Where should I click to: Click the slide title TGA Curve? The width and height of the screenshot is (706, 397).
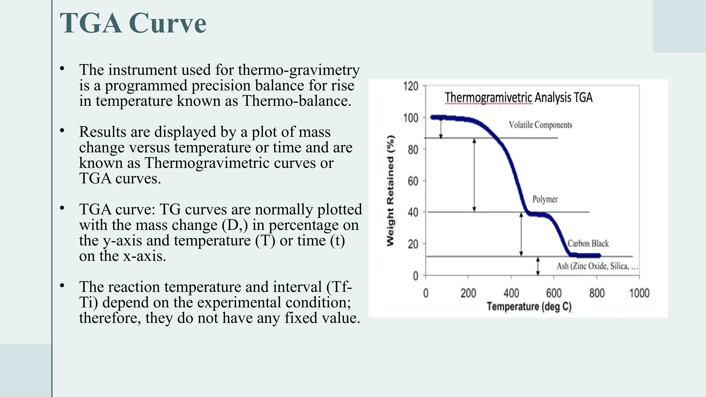tap(133, 23)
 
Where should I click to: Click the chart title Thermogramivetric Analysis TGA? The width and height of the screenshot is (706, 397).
tap(518, 98)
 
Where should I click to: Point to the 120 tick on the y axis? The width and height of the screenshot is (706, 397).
tap(411, 86)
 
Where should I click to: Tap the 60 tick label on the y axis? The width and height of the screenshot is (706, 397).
tap(413, 181)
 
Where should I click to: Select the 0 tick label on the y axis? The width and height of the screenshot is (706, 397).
tap(415, 276)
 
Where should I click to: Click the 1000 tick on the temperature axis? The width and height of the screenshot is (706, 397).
tap(639, 293)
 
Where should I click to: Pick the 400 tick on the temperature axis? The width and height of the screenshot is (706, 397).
tap(511, 293)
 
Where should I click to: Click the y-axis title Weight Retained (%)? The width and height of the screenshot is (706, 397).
tap(390, 191)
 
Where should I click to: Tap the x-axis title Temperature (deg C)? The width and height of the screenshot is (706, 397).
tap(529, 306)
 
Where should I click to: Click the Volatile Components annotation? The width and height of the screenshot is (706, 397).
tap(540, 125)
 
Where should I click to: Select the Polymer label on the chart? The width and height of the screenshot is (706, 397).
tap(545, 199)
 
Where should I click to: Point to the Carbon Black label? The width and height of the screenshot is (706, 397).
tap(588, 244)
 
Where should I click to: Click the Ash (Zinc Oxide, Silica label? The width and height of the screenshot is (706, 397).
tap(597, 266)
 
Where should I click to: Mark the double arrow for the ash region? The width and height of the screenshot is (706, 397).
tap(538, 266)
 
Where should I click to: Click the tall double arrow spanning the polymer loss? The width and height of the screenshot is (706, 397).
tap(474, 175)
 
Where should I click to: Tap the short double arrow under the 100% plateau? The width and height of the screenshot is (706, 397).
tap(441, 128)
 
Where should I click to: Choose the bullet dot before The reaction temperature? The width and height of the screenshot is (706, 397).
tap(62, 285)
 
